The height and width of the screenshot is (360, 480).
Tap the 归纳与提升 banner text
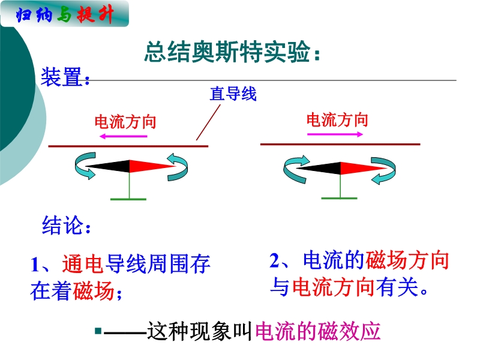point(65,14)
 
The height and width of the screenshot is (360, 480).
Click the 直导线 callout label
point(233,94)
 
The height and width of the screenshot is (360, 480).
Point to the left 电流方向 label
point(125,122)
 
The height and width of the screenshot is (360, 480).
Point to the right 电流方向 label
point(337,119)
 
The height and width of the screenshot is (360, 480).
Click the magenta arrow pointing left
point(124,136)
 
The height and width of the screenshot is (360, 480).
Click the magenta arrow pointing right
point(335,134)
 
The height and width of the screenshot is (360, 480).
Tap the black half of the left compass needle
point(108,166)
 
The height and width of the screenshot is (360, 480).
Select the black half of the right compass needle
point(319,169)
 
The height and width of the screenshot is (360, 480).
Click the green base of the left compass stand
point(128,199)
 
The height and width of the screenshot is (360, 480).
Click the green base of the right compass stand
point(339,199)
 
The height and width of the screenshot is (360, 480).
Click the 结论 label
point(67,225)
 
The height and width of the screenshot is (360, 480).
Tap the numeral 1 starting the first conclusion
point(35,265)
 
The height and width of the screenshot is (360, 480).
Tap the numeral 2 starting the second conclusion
point(274,260)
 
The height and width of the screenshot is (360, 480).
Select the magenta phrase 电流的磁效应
point(317,331)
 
